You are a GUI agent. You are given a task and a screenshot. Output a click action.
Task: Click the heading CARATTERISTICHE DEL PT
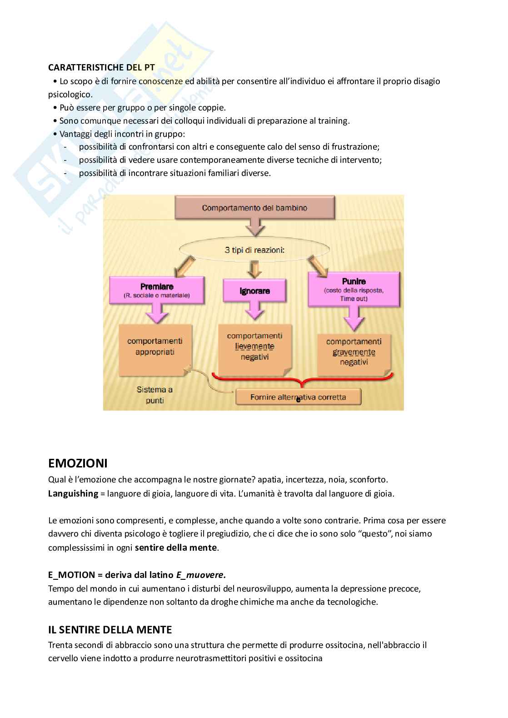(101, 67)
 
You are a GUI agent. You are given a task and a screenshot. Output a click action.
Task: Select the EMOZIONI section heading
(78, 463)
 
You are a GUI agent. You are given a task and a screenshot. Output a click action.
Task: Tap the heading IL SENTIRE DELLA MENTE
(110, 630)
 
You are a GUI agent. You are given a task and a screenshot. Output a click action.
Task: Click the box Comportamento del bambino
(254, 208)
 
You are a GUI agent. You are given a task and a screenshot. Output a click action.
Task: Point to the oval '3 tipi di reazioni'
(254, 250)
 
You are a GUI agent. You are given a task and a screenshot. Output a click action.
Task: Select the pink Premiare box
(157, 290)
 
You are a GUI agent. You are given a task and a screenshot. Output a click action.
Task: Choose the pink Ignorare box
(254, 291)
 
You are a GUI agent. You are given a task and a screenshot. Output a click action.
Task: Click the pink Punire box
(354, 289)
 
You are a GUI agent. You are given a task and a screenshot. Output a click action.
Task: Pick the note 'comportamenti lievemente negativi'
(254, 348)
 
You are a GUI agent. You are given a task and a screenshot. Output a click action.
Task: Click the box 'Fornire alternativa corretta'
(298, 397)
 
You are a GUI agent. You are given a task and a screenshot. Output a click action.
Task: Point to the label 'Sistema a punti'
(154, 395)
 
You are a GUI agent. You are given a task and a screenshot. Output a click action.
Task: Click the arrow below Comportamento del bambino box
(255, 227)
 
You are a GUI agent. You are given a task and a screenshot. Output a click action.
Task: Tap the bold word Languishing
(73, 493)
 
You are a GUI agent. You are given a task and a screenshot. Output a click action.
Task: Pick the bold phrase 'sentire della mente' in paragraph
(175, 547)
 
